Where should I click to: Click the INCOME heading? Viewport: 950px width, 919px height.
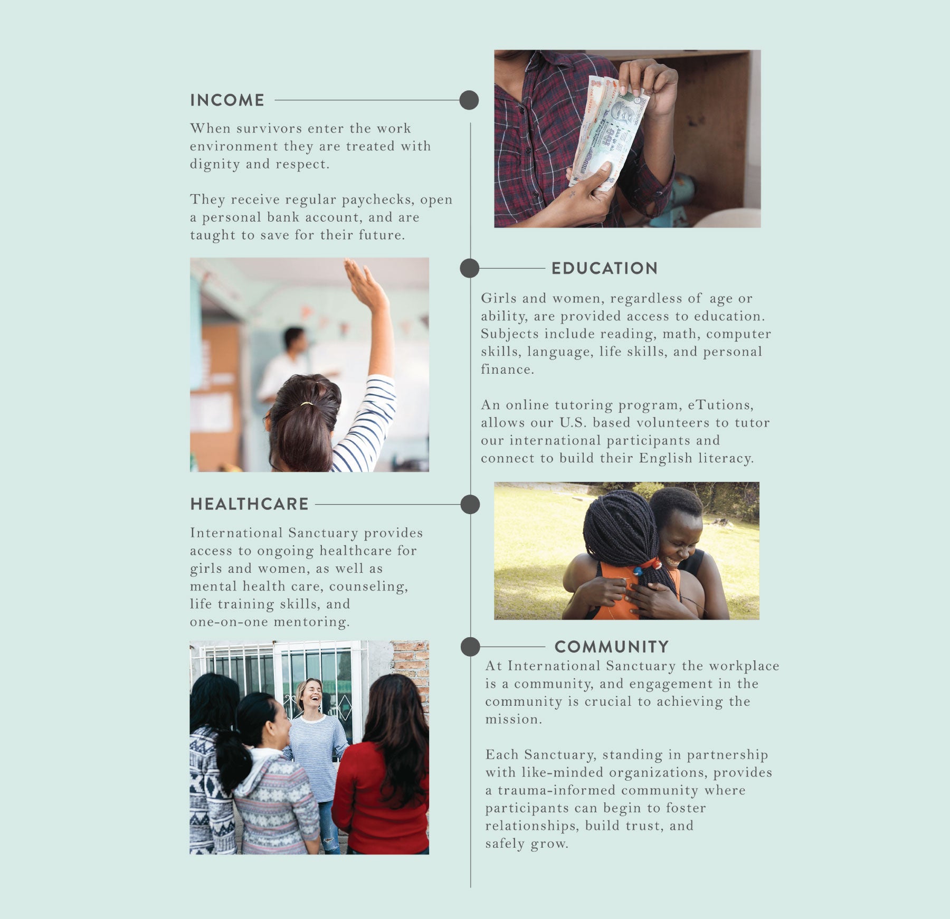pyautogui.click(x=227, y=100)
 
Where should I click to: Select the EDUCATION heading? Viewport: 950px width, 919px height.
pyautogui.click(x=604, y=268)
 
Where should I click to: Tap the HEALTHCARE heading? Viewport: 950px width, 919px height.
pyautogui.click(x=249, y=504)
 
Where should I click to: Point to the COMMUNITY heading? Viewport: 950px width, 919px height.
pyautogui.click(x=612, y=647)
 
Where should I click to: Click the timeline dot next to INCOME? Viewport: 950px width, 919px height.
pyautogui.click(x=469, y=100)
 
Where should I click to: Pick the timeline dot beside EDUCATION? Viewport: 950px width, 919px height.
pyautogui.click(x=469, y=268)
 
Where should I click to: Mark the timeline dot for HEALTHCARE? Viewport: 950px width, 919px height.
pyautogui.click(x=470, y=504)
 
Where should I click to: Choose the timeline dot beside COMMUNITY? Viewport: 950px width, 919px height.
pyautogui.click(x=470, y=647)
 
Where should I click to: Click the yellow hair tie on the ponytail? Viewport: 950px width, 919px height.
pyautogui.click(x=307, y=404)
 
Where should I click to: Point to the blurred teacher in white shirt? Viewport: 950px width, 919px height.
pyautogui.click(x=285, y=364)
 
